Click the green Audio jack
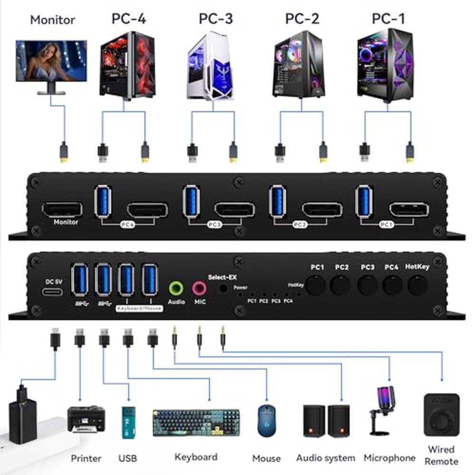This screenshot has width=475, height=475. pyautogui.click(x=176, y=287)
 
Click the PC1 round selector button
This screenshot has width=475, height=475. pyautogui.click(x=315, y=285)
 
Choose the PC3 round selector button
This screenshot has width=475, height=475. pyautogui.click(x=367, y=285)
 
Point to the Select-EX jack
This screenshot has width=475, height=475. pyautogui.click(x=221, y=287)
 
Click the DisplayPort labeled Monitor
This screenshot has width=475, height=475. pyautogui.click(x=62, y=209)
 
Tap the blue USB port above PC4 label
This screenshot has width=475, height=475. pyautogui.click(x=104, y=202)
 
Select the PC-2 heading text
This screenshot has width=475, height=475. pyautogui.click(x=302, y=19)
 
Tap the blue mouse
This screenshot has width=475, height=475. pyautogui.click(x=266, y=420)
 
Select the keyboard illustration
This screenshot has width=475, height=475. pyautogui.click(x=195, y=423)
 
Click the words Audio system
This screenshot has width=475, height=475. pyautogui.click(x=325, y=458)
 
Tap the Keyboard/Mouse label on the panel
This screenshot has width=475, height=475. pyautogui.click(x=140, y=308)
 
